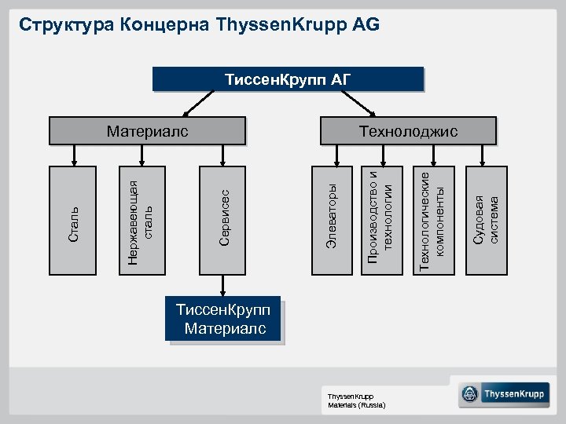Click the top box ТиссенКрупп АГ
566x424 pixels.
click(287, 79)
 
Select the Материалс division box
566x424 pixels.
click(148, 131)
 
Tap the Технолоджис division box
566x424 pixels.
click(408, 131)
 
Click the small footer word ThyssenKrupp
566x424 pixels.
click(351, 397)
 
